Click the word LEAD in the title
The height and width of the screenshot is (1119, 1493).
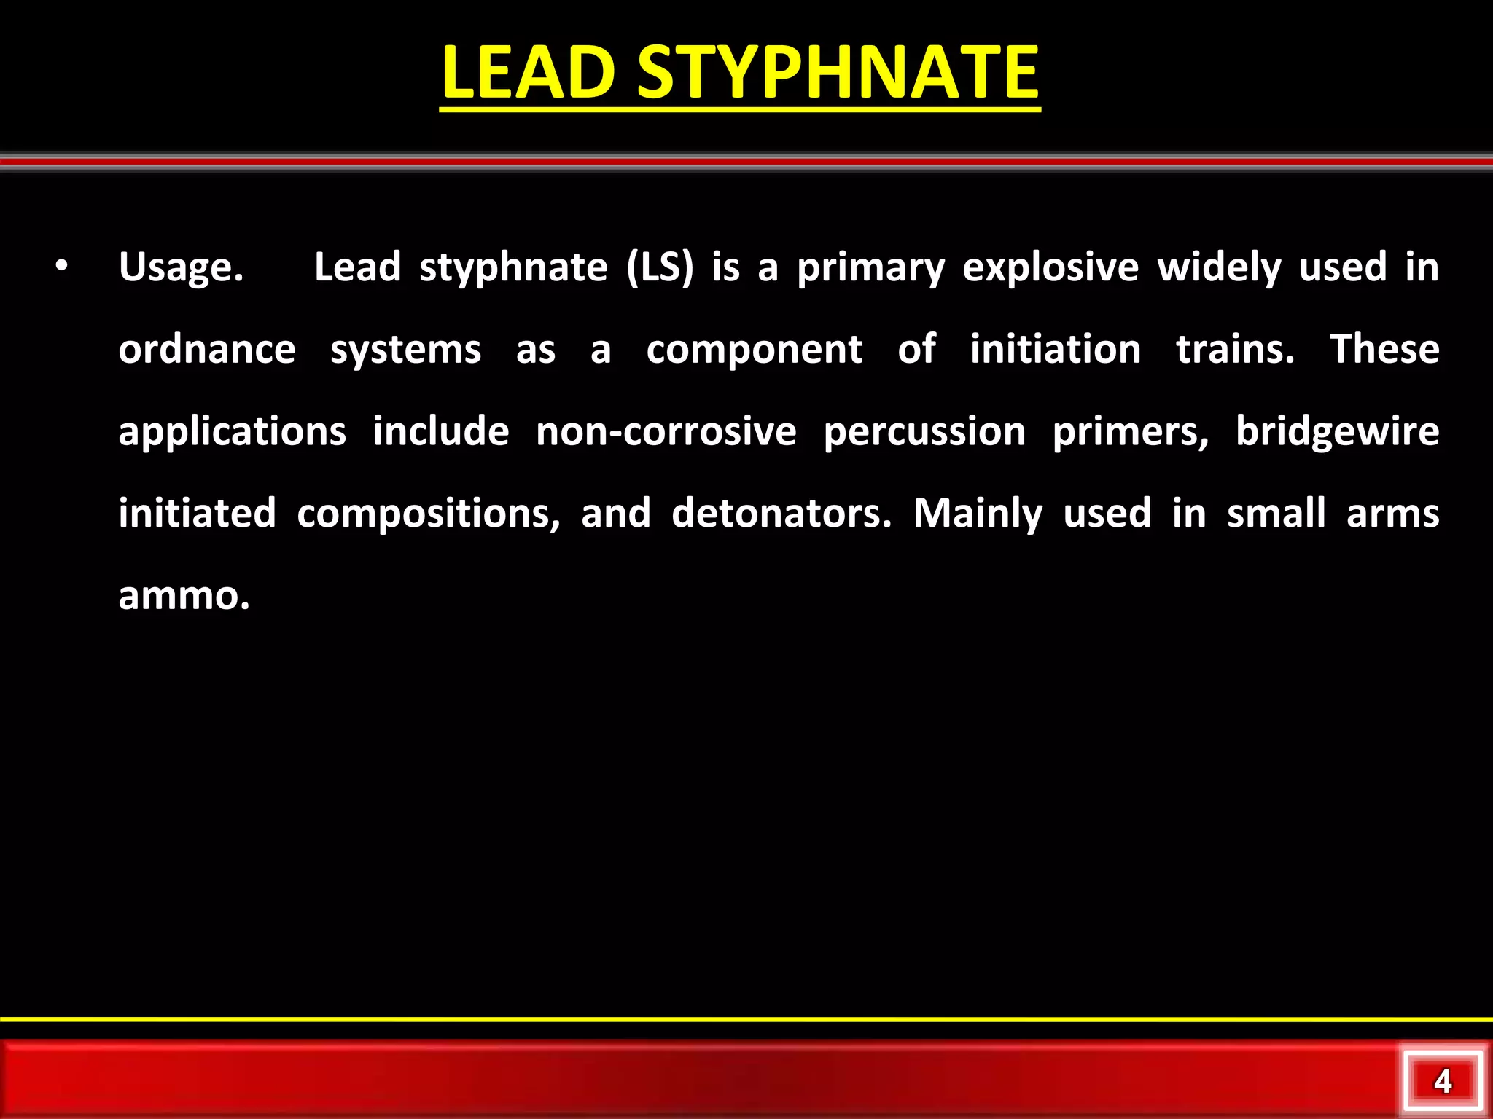coord(529,73)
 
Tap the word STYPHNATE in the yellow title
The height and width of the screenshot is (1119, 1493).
coord(838,73)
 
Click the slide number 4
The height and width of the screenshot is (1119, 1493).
coord(1443,1081)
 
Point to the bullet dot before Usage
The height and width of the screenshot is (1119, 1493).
coord(62,267)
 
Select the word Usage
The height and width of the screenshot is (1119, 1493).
coord(181,268)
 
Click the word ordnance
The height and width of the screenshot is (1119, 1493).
coord(207,350)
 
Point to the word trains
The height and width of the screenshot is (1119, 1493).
coord(1235,350)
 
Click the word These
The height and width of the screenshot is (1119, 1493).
coord(1384,350)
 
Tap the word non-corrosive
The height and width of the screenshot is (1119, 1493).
coord(666,432)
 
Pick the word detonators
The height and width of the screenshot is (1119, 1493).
coord(781,514)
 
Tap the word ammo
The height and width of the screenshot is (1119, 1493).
coord(184,596)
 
